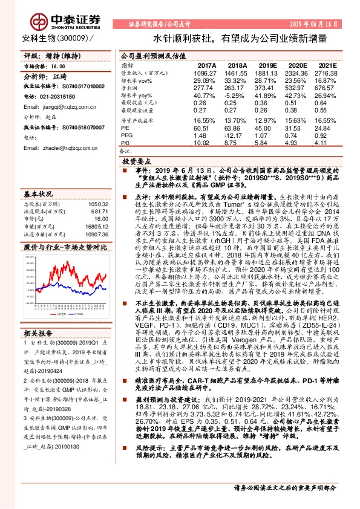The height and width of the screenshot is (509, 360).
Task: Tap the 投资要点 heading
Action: coord(136,162)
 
